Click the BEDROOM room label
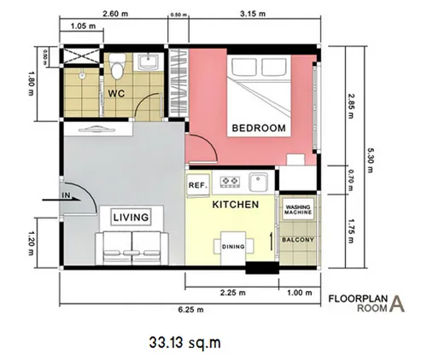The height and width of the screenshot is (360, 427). coord(259,128)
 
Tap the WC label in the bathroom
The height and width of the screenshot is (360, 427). coord(116,94)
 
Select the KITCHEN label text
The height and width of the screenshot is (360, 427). coord(236,205)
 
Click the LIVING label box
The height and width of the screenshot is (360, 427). coord(131,218)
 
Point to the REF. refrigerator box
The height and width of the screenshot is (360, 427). coord(198,185)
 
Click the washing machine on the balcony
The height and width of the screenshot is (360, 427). coord(298,209)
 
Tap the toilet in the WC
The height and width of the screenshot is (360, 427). coord(117,66)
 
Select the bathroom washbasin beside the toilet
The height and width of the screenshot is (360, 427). coord(148,61)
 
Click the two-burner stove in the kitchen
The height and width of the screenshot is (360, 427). coord(230,182)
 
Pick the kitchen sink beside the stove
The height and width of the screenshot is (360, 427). coord(259,182)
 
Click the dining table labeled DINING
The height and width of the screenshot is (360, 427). coord(233,247)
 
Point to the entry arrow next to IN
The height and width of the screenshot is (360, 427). coord(61,200)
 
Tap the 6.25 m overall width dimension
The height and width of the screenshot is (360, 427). coord(191,310)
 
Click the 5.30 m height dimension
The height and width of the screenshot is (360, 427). coord(370,160)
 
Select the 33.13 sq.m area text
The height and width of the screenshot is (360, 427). coord(185,343)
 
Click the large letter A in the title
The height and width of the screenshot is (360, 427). coord(397,304)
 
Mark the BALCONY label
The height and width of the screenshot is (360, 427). coord(298,240)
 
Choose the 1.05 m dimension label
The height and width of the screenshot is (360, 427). coord(83,26)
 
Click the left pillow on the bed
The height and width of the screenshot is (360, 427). coord(244,67)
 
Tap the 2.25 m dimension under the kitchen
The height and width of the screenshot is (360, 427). coord(233,293)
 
